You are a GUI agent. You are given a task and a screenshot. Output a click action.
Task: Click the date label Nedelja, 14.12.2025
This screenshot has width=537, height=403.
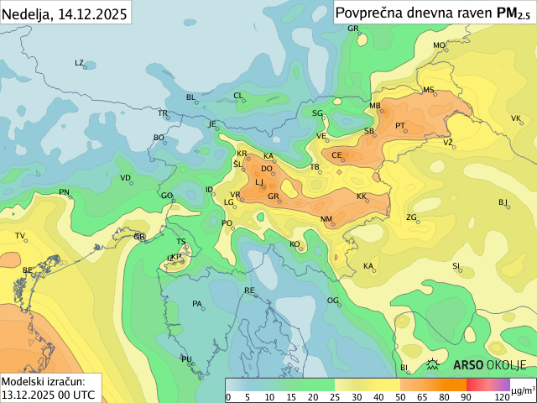coord(65,13)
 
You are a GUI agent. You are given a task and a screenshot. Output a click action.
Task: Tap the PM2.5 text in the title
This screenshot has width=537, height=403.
coord(514,13)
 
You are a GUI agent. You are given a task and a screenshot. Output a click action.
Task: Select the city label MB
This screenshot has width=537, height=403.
coord(375,106)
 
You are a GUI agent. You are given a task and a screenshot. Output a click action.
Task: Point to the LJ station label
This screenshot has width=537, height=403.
coord(259,181)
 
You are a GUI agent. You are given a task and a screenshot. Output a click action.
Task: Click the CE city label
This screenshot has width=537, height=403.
coord(336,155)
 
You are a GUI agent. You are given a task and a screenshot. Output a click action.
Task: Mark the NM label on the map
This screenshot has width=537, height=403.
coord(326,220)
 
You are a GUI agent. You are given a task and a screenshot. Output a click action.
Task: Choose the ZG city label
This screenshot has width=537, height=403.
coord(411,217)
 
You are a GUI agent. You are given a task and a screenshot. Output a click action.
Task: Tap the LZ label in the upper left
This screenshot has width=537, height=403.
coord(80,63)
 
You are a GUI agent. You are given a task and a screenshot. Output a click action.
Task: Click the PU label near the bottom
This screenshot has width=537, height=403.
coord(186,359)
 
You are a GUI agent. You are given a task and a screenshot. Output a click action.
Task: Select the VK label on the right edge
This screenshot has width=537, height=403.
coord(516,118)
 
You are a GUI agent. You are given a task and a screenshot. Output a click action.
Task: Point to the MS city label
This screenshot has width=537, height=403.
coord(428,90)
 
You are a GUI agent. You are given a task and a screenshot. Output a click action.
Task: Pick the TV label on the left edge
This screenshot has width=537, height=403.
coord(20,236)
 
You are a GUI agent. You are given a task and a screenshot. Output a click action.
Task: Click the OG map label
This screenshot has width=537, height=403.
coord(332,300)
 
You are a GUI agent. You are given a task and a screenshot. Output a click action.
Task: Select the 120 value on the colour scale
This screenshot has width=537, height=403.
coord(502,396)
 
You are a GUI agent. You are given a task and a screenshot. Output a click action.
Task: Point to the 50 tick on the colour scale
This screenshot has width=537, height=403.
coord(400,396)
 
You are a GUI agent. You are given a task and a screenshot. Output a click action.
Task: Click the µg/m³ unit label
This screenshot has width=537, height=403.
coord(523,390)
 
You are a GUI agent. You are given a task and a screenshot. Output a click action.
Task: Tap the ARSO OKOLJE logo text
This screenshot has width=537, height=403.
coord(489,364)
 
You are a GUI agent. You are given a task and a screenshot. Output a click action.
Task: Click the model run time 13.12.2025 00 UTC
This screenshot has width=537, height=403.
coord(48,394)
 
